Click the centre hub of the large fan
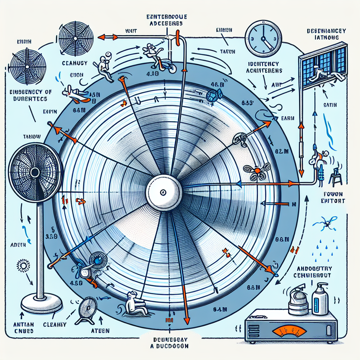(163, 192)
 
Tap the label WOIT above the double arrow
(131, 31)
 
